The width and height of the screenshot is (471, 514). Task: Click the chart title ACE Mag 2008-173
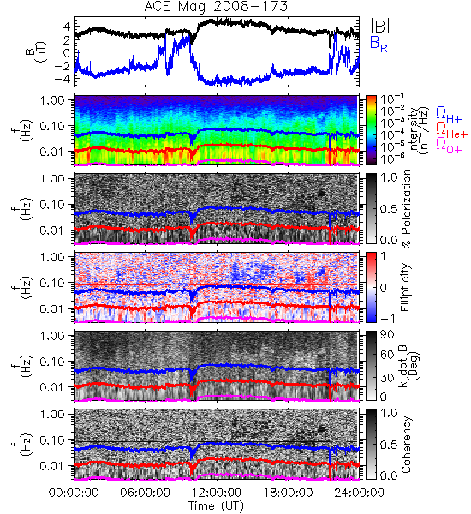[216, 7]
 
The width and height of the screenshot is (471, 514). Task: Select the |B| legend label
[380, 25]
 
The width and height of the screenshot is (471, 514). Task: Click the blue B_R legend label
[379, 44]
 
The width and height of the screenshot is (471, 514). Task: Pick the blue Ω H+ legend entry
[449, 115]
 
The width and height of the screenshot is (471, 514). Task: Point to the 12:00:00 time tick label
[217, 493]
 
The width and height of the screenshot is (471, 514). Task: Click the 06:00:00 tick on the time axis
[146, 493]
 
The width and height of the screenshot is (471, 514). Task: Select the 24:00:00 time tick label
[359, 493]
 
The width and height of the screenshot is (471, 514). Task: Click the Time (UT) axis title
[217, 505]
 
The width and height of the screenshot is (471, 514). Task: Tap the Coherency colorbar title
[406, 445]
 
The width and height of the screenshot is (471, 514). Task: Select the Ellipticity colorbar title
[405, 287]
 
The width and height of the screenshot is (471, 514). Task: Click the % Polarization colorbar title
[406, 209]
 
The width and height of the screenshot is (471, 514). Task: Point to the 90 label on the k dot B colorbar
[387, 334]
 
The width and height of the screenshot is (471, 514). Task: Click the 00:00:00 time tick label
[74, 493]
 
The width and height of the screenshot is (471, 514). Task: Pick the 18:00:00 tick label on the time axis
[288, 493]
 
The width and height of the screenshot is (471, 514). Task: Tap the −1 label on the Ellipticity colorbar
[387, 319]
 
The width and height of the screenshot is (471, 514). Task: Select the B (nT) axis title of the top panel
[37, 51]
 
